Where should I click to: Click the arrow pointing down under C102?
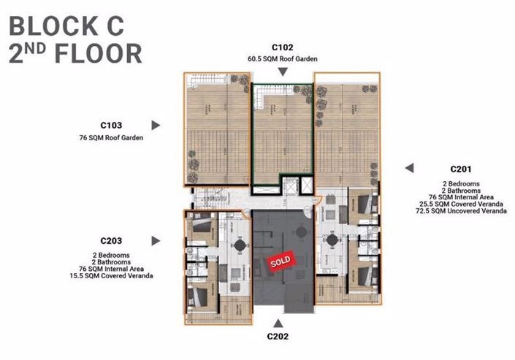[x=283, y=72]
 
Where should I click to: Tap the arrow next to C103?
[x=156, y=125]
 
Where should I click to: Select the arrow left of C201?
[x=410, y=168]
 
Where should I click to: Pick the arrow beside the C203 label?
[x=156, y=240]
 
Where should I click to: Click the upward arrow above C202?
[x=278, y=321]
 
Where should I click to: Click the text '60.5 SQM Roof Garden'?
[x=283, y=58]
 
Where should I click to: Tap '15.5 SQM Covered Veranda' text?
[x=116, y=275]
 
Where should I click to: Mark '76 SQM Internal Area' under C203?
[x=116, y=268]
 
